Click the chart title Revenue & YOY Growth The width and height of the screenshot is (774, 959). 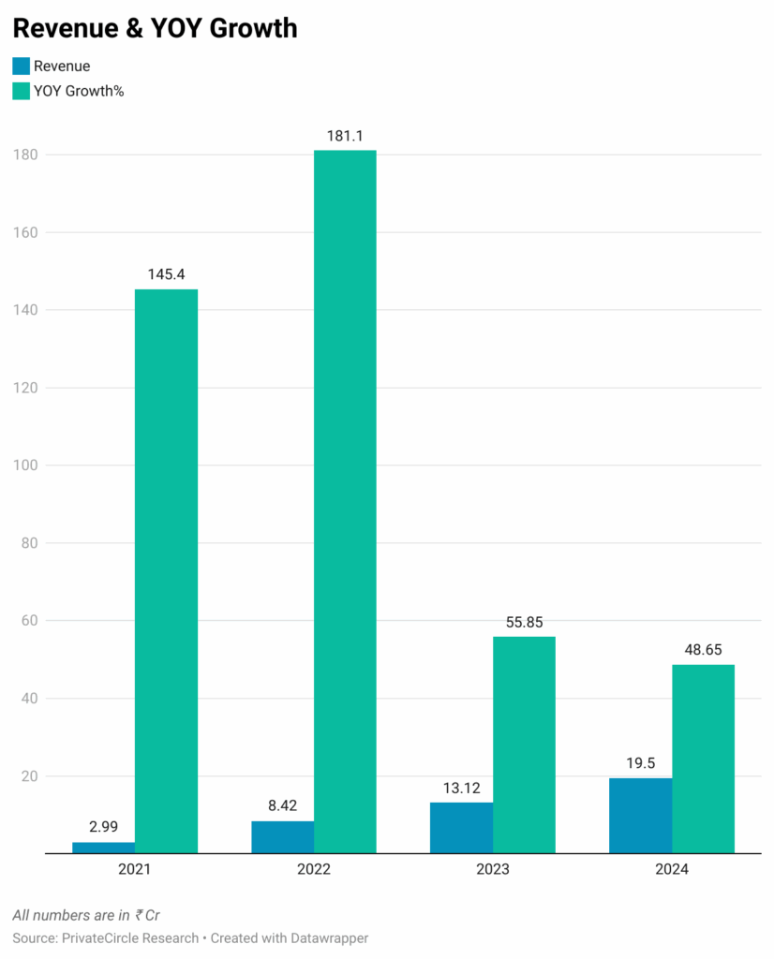click(x=155, y=28)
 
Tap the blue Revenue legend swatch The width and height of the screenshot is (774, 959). click(x=21, y=66)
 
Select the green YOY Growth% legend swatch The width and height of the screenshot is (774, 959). click(x=21, y=91)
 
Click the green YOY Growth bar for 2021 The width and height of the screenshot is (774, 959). click(x=166, y=571)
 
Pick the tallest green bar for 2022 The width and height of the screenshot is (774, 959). click(x=345, y=501)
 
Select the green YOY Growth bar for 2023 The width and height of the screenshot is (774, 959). click(x=524, y=745)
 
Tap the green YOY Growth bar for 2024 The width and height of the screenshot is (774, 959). click(x=703, y=759)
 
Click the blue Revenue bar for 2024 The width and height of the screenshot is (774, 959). click(x=640, y=816)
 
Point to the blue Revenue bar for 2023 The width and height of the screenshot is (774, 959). click(x=461, y=828)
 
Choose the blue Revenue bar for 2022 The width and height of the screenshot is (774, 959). click(x=282, y=837)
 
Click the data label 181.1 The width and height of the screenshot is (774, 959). click(x=345, y=136)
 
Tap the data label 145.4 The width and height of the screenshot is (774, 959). click(x=166, y=274)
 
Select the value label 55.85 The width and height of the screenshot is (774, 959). click(x=524, y=622)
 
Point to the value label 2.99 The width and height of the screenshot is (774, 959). click(x=103, y=828)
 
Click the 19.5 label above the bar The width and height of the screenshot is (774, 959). click(x=640, y=763)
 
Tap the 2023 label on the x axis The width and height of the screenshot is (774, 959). click(x=493, y=869)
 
